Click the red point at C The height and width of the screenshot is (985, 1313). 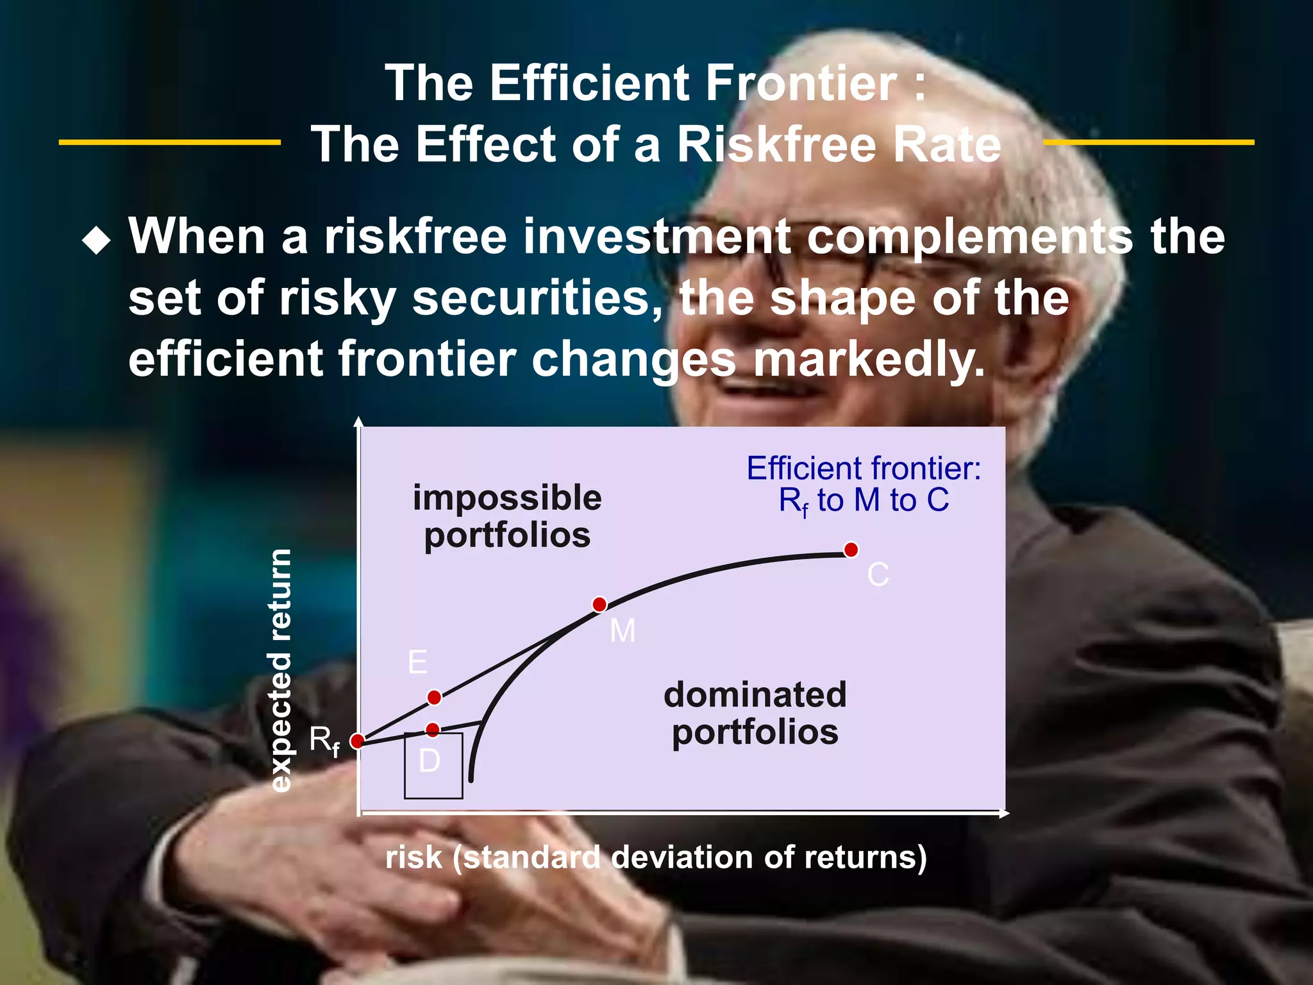tap(851, 550)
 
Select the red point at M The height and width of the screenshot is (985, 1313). tap(599, 604)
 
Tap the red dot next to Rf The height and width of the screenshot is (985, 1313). tap(358, 741)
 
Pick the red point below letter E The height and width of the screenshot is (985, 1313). tap(434, 697)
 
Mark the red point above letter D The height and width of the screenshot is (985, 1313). tap(433, 730)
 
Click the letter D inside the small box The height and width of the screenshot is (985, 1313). tap(430, 761)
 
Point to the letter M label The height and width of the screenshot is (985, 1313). tap(623, 631)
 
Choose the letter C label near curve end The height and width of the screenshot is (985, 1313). tap(878, 575)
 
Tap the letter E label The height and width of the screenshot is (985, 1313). tap(417, 662)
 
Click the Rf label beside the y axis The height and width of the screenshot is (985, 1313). tap(324, 741)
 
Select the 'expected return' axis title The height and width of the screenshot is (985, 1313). tap(281, 670)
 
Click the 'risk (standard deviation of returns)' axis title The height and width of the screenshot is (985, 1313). tap(656, 857)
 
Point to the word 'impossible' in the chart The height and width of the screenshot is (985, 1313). tap(507, 498)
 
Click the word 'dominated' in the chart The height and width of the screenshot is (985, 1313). tap(755, 695)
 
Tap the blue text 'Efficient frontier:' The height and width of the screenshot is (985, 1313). tap(864, 468)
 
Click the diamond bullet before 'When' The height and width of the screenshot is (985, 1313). tap(97, 241)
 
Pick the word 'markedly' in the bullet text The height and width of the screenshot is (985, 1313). tap(869, 359)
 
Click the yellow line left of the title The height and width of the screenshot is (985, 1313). tap(170, 142)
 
